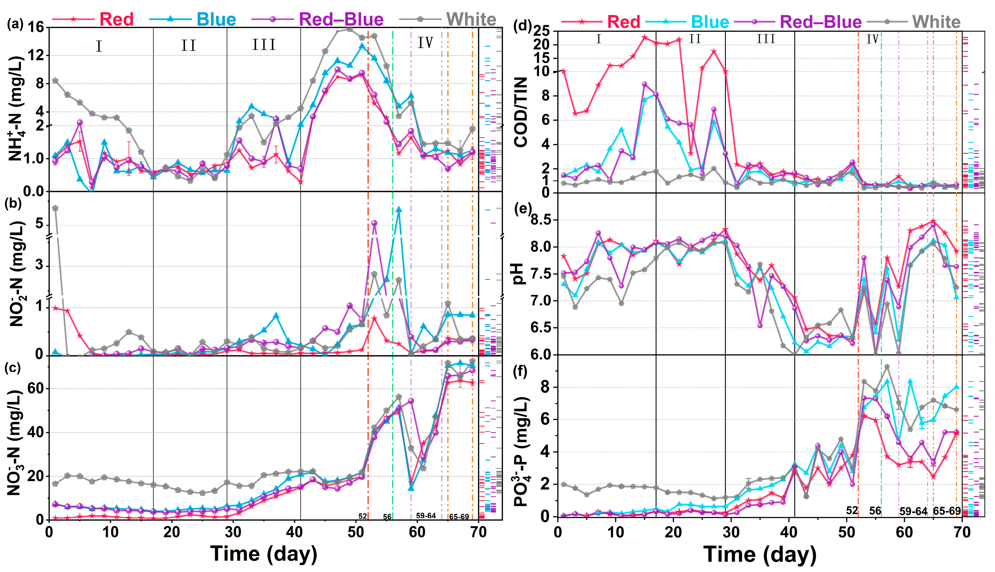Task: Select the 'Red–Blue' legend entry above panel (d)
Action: click(x=821, y=21)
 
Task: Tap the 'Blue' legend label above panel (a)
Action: click(x=216, y=19)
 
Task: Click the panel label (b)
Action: click(x=15, y=204)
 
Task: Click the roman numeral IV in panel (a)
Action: click(x=425, y=42)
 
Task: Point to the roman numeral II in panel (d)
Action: click(x=695, y=39)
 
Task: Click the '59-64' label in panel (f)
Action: click(x=913, y=511)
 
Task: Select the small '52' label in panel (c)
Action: click(x=362, y=516)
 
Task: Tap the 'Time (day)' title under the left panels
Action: click(x=264, y=554)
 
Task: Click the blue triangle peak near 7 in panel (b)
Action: click(x=399, y=209)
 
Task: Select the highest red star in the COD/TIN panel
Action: click(x=644, y=37)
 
